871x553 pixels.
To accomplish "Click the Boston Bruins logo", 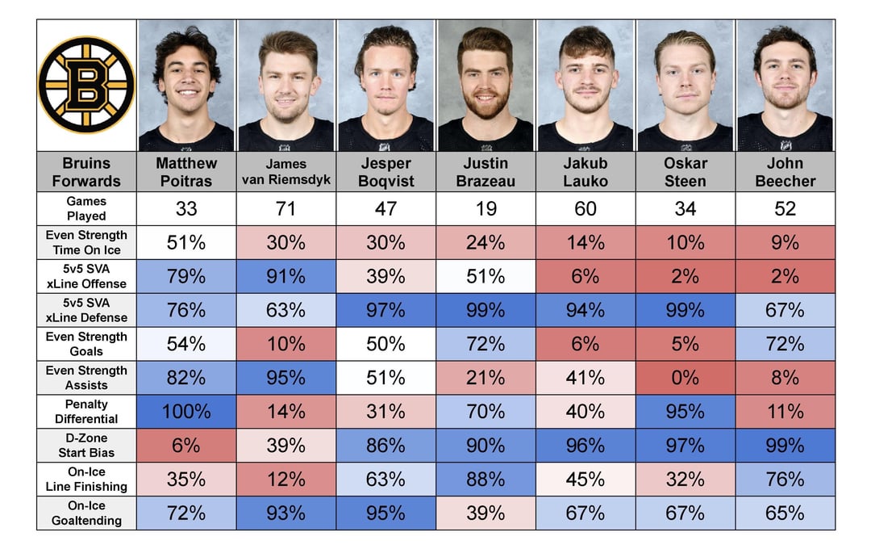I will point(86,85).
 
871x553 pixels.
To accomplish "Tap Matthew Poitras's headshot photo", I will point(186,86).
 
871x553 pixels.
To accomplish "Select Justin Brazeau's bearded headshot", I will point(486,86).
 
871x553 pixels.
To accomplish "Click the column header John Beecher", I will point(785,172).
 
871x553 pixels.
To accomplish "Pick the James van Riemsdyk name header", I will point(286,172).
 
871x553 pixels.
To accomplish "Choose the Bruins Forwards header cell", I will point(86,172).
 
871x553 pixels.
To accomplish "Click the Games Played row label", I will point(86,208).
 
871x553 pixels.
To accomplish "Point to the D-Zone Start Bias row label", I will point(86,446).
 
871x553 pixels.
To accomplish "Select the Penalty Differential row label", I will point(86,412).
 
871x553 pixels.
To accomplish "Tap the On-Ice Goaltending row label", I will point(86,513).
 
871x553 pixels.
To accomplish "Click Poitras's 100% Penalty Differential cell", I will point(186,412).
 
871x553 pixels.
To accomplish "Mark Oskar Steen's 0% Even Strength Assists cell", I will point(685,378).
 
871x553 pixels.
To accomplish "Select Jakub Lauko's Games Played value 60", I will point(586,209).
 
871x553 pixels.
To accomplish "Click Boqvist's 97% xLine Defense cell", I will point(385,310).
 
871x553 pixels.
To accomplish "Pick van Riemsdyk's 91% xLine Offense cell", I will point(286,276).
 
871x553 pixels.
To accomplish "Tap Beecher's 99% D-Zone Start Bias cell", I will point(785,446).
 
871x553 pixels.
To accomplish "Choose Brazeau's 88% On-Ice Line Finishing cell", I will point(486,480).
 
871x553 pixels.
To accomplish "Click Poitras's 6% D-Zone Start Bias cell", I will point(186,446).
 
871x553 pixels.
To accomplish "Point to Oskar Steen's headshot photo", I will point(685,86).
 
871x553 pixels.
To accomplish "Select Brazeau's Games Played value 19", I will point(486,209).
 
